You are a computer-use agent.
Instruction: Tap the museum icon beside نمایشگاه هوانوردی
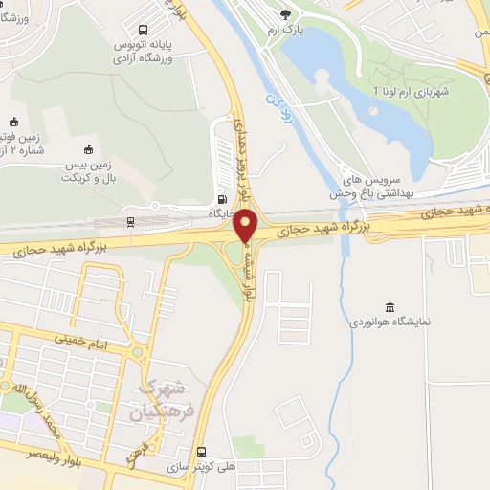389,306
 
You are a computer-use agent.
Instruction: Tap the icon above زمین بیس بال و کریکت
88,149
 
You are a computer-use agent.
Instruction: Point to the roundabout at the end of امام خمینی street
138,351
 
